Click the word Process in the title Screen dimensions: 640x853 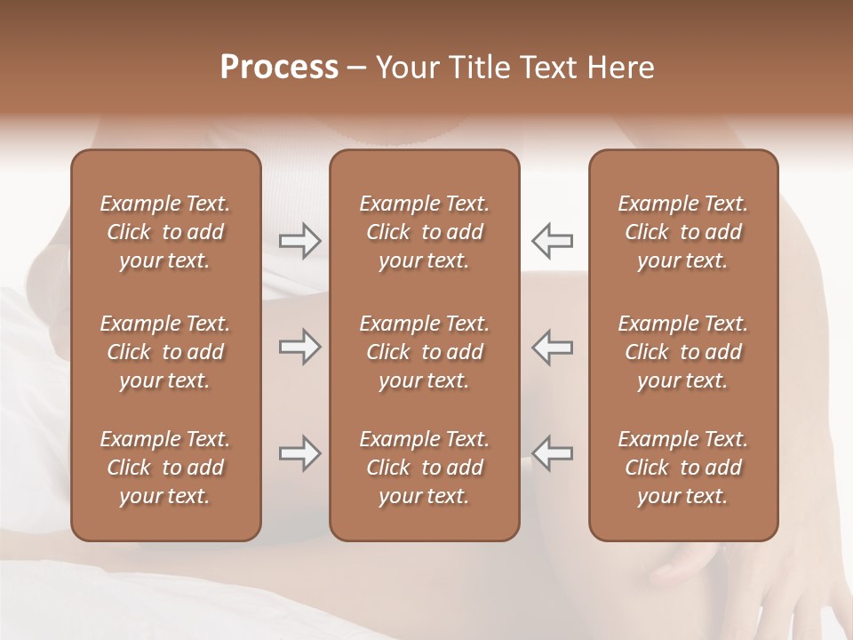pos(279,68)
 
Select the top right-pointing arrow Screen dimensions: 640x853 pos(299,241)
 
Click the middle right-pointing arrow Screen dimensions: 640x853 pos(299,348)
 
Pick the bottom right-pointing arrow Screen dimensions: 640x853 pos(299,453)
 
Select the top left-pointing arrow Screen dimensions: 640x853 pos(553,241)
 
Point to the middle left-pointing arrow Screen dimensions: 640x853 pos(553,348)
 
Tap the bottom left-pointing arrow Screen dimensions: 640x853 pos(553,453)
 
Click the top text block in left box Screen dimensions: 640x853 pos(165,232)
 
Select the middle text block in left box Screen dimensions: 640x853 pos(165,352)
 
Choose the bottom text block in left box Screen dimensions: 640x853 pos(165,468)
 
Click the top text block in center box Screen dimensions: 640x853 pos(424,232)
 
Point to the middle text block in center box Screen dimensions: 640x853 pos(424,352)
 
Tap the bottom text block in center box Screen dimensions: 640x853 pos(424,468)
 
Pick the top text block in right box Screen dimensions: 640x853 pos(683,232)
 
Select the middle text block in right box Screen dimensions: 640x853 pos(683,352)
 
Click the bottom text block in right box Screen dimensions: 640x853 pos(683,468)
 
